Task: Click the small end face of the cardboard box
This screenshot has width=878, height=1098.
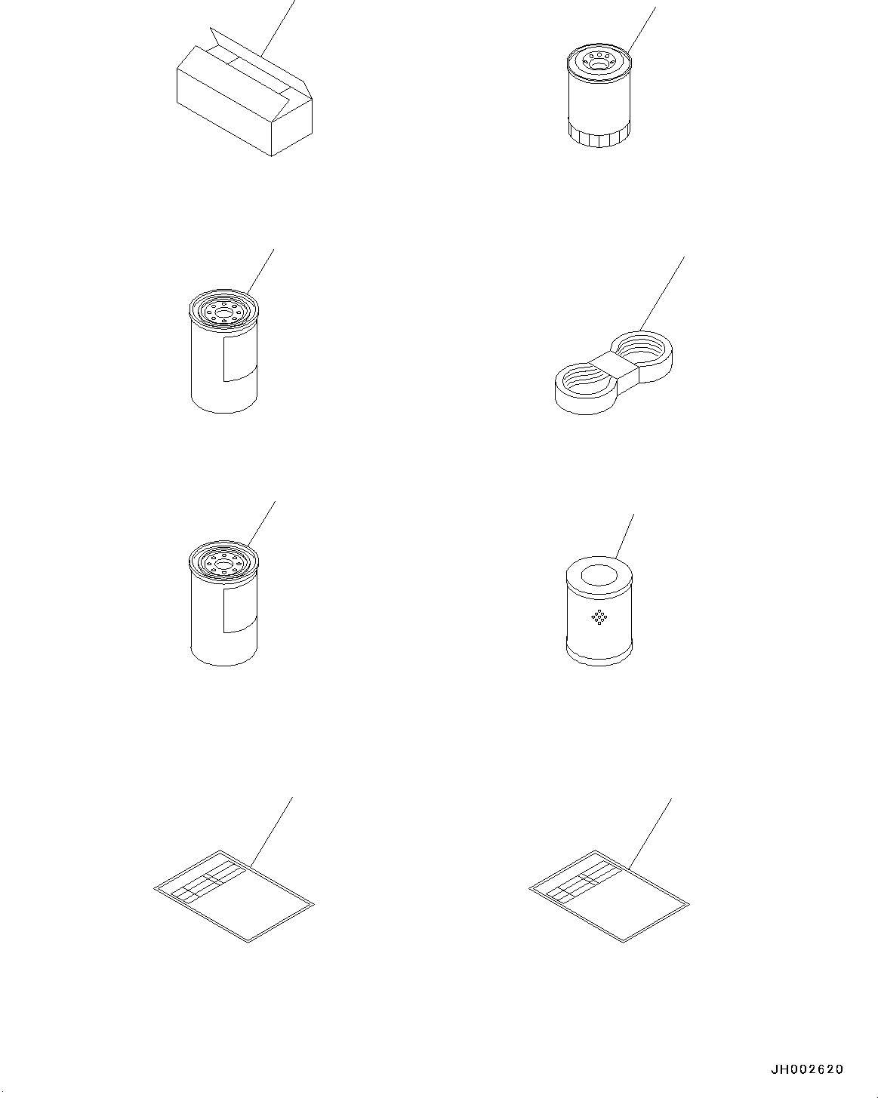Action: click(x=291, y=128)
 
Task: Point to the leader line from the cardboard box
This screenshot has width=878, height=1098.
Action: click(x=279, y=28)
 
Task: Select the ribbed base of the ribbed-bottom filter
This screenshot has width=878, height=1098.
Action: click(x=599, y=134)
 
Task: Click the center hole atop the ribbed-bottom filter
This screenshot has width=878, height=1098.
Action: click(x=599, y=63)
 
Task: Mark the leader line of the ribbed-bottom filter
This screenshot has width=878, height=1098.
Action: click(x=642, y=29)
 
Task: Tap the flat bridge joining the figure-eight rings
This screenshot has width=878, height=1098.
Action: click(x=613, y=368)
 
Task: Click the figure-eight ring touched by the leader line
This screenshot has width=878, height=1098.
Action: click(x=642, y=355)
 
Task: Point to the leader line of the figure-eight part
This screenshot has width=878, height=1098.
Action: click(x=662, y=294)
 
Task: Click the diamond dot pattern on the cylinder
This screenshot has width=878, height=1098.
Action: click(x=599, y=617)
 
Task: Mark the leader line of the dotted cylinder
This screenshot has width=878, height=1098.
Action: click(x=625, y=536)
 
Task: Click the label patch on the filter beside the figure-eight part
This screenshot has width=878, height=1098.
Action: click(x=240, y=358)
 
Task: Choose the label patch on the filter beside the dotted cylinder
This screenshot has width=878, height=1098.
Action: click(x=240, y=610)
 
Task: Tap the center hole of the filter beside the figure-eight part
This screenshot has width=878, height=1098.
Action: click(x=223, y=311)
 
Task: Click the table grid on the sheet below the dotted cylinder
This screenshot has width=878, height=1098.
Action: click(x=584, y=881)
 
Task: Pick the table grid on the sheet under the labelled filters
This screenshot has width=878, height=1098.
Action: click(x=208, y=881)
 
